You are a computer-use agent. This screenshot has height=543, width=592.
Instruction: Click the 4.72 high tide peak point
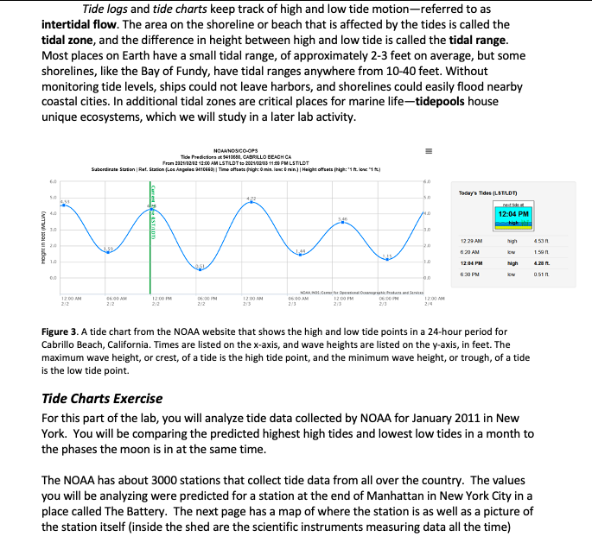[x=251, y=204]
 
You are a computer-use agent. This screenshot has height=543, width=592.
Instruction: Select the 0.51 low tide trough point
[x=200, y=269]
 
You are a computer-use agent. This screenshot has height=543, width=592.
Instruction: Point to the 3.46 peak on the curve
[x=342, y=223]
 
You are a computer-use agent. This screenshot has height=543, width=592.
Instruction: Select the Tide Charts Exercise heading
[x=102, y=399]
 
